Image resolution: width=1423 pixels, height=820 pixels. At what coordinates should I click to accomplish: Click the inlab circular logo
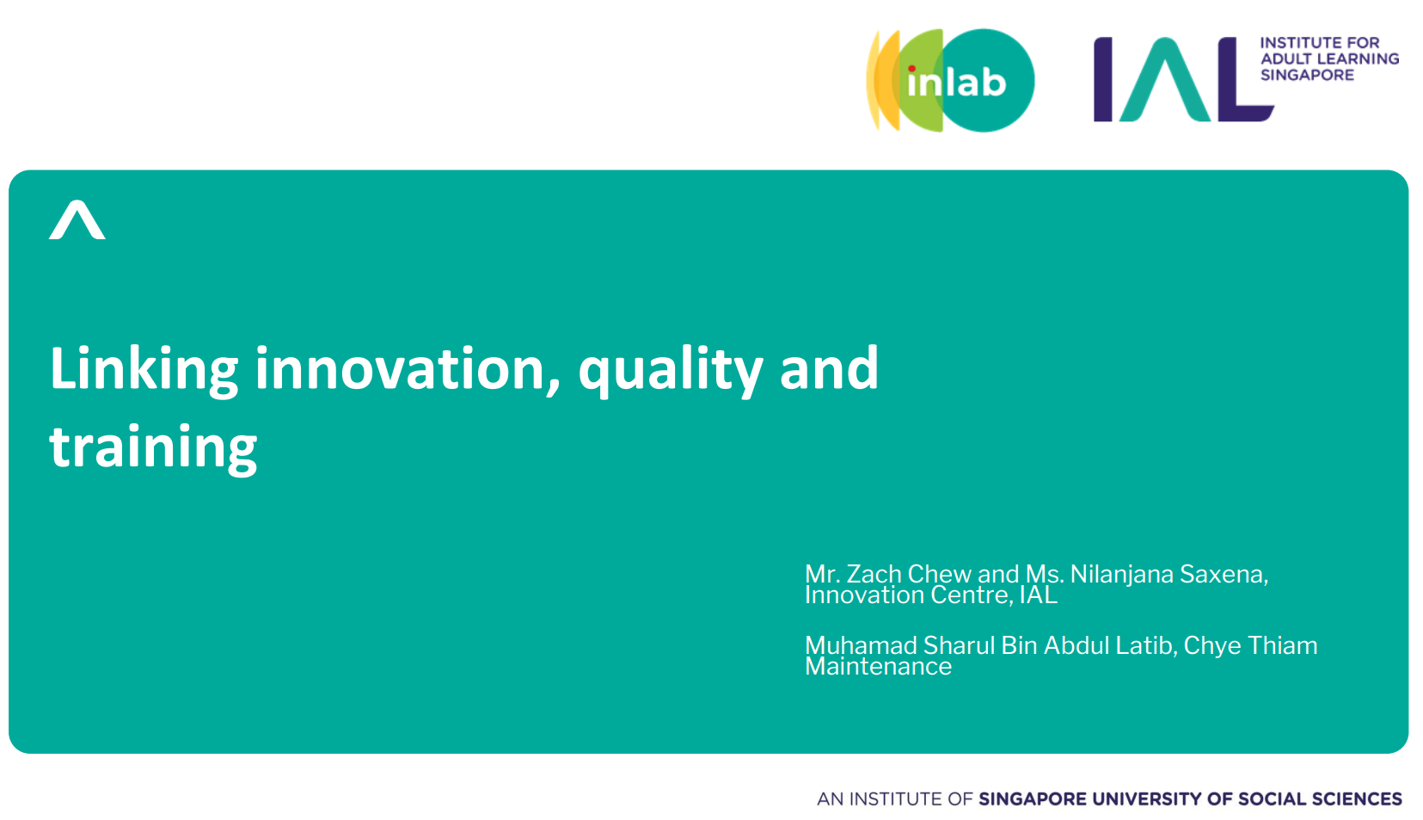[950, 81]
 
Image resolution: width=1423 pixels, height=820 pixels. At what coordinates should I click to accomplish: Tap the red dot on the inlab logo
[911, 69]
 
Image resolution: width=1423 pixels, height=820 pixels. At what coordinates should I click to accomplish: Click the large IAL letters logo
[1183, 79]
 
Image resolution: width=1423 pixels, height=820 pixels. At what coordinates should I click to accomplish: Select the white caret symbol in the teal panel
[77, 220]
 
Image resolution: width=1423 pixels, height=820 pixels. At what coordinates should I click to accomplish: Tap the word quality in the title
[671, 371]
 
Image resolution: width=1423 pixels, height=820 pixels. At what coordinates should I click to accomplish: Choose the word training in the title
[153, 447]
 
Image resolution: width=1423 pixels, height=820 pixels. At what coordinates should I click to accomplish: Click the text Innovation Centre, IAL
[931, 595]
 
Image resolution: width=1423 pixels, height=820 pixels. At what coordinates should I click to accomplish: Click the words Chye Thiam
[1250, 646]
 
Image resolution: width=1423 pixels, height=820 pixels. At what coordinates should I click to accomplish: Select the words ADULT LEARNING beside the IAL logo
[1329, 59]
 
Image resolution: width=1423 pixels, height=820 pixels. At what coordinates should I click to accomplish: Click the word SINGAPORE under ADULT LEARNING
[1308, 75]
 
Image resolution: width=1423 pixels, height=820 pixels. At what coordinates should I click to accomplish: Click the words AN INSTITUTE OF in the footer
[894, 799]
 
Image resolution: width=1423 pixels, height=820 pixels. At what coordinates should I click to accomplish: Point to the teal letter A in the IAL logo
[1164, 79]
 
